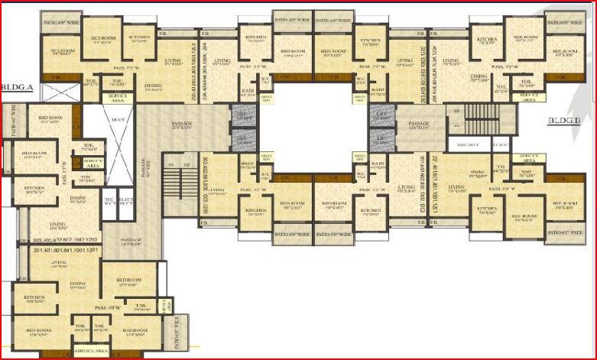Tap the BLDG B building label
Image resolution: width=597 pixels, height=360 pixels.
coord(565,120)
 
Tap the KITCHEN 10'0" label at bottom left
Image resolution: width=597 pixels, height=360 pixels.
coord(35,299)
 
